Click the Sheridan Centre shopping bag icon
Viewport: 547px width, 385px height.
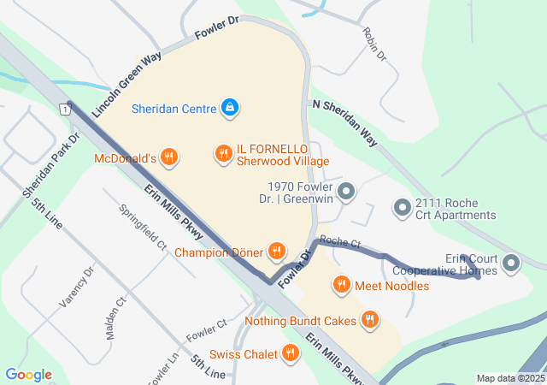tap(229, 108)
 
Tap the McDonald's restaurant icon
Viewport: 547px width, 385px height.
tap(169, 157)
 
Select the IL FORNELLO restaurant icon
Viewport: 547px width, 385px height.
tap(224, 153)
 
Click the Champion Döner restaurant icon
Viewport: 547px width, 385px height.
tap(276, 252)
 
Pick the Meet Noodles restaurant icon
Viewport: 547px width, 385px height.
tap(341, 285)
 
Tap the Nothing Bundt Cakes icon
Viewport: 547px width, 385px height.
tap(369, 321)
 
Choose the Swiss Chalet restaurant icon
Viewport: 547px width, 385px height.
tap(291, 353)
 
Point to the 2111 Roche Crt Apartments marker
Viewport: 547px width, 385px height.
tap(402, 208)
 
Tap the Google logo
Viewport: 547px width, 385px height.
tap(28, 375)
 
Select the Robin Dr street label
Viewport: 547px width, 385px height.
tap(374, 45)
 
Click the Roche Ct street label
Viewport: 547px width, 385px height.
tap(342, 243)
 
